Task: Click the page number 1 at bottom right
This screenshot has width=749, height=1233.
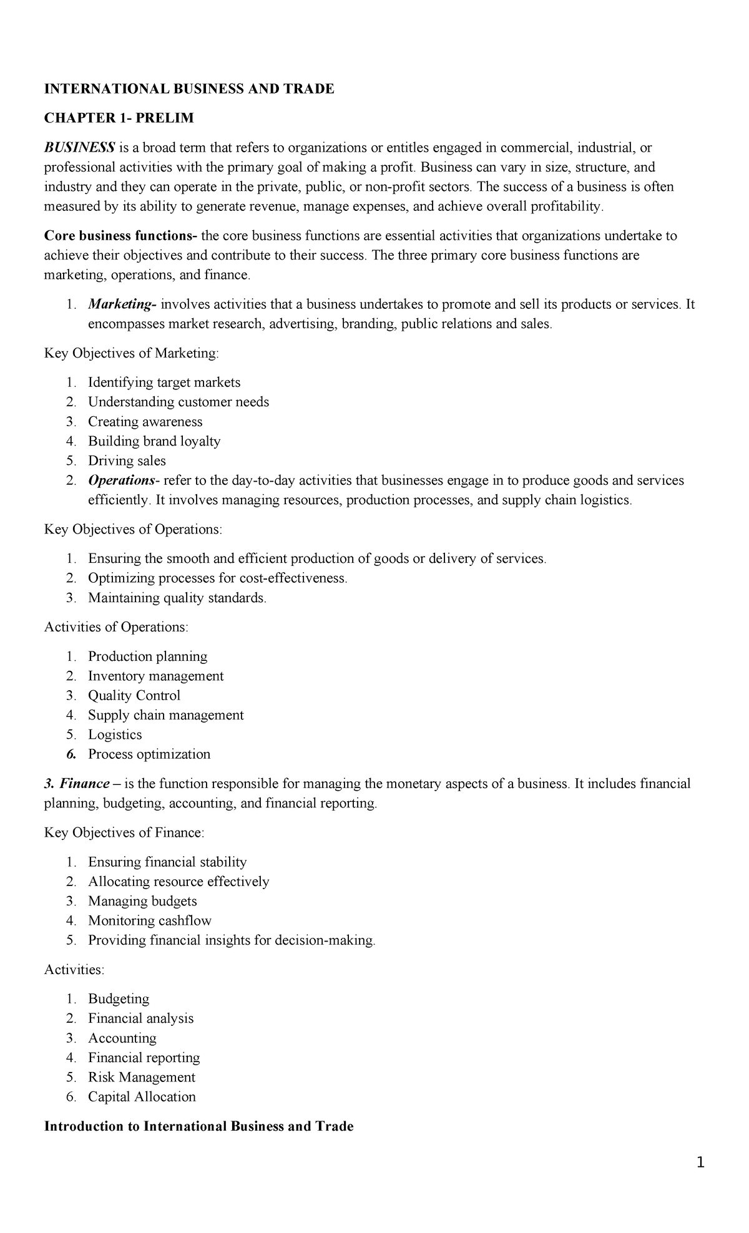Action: click(700, 1162)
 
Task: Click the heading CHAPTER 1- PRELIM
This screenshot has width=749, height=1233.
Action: click(119, 118)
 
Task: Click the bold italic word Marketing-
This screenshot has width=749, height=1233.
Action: click(122, 305)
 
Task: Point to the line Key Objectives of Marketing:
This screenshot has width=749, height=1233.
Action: click(132, 353)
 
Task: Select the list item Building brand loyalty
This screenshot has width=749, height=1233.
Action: click(154, 441)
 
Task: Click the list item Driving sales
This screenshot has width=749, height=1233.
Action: click(127, 461)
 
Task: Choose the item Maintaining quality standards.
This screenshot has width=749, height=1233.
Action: click(177, 598)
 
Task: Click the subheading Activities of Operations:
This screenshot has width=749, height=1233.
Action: click(116, 627)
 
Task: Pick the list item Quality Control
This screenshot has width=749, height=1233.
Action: click(134, 695)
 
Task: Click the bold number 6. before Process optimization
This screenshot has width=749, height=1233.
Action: click(71, 754)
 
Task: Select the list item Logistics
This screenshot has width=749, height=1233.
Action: click(115, 734)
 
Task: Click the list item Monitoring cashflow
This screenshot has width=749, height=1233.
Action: click(149, 920)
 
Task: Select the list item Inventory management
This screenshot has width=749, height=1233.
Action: click(155, 676)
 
